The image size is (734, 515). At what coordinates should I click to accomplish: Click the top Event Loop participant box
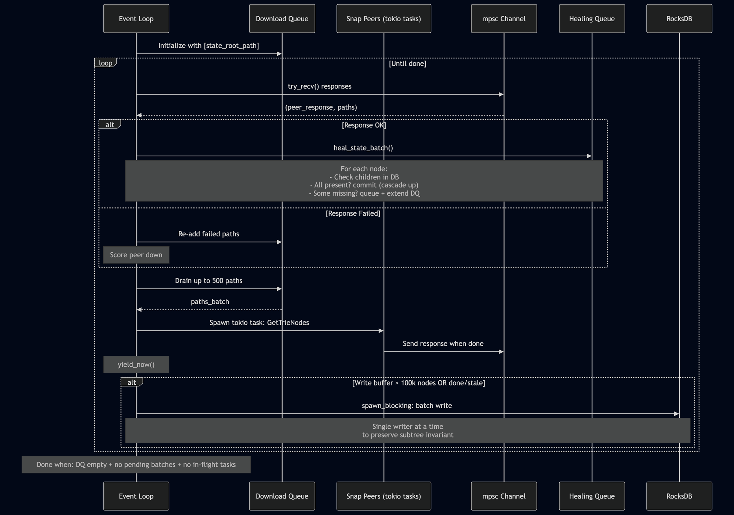[136, 19]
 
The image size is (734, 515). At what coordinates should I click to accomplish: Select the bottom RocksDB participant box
[679, 496]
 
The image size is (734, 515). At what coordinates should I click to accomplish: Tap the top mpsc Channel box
[504, 19]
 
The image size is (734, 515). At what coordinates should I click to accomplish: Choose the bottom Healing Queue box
[592, 496]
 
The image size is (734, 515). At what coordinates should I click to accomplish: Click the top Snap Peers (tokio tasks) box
[384, 19]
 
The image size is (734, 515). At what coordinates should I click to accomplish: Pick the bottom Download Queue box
[282, 496]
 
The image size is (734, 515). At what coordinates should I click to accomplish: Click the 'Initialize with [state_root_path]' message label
[208, 46]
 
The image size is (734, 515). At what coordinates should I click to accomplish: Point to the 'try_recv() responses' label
[319, 86]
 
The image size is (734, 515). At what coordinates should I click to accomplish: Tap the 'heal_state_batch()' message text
[363, 148]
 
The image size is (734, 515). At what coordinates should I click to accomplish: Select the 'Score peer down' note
[136, 255]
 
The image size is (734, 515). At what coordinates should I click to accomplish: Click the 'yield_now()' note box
[136, 365]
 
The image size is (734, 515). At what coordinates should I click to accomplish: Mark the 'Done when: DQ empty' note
[136, 464]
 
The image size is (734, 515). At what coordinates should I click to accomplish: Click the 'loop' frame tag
[105, 63]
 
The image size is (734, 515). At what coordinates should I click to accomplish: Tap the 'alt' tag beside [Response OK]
[110, 125]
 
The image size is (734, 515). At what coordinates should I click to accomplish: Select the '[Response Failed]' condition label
[353, 213]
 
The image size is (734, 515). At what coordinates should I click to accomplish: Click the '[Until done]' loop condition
[407, 64]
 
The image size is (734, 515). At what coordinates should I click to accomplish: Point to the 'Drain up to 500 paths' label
[208, 281]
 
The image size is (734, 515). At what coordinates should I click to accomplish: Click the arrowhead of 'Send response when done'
[501, 352]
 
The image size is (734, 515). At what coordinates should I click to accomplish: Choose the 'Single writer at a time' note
[408, 431]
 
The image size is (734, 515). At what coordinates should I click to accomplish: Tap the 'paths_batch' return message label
[210, 302]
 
